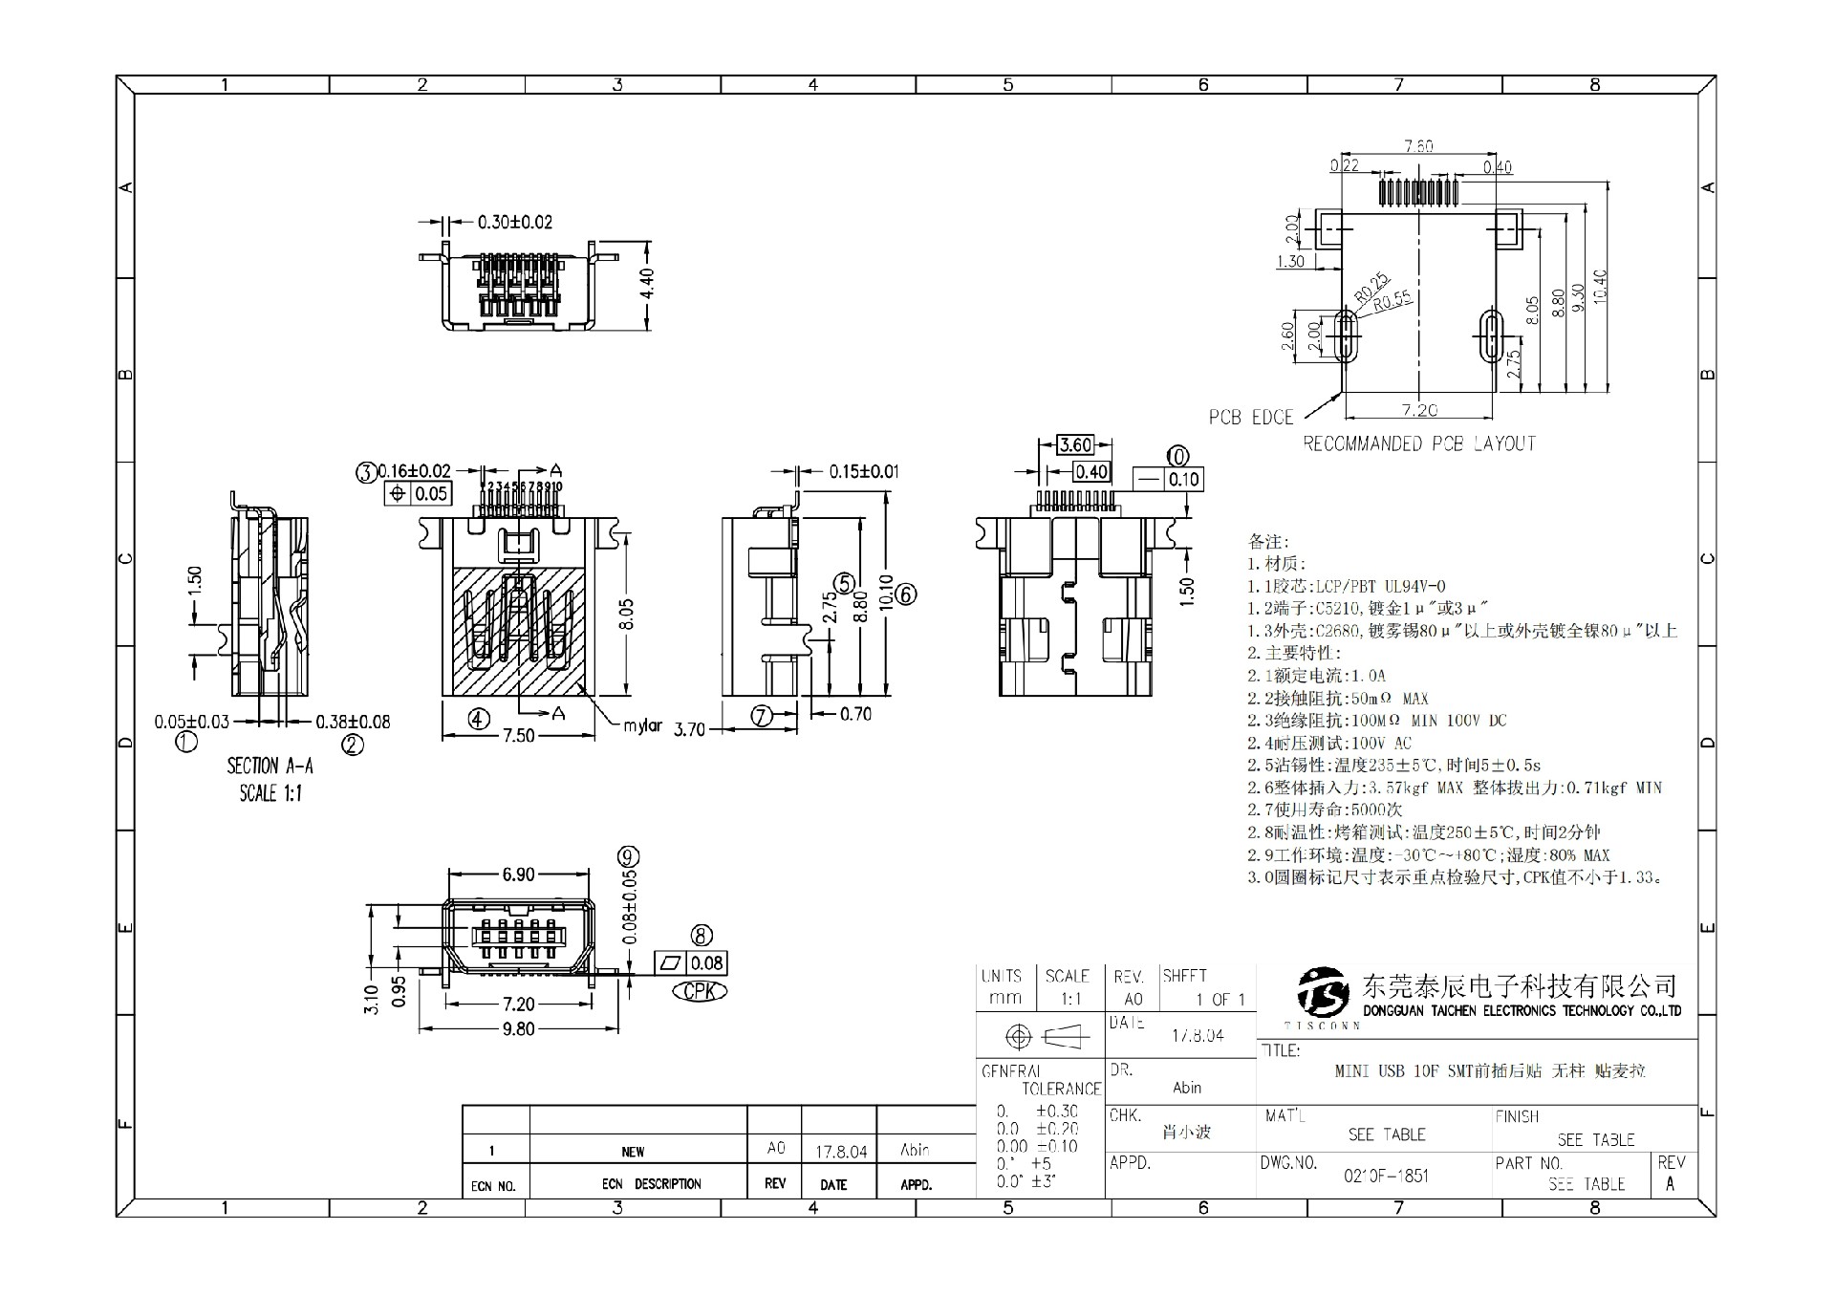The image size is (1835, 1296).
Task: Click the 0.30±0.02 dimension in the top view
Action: [515, 223]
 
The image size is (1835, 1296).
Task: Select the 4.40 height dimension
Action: [647, 284]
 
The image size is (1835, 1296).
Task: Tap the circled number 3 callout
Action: [366, 471]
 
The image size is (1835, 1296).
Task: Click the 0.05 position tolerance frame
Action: [419, 493]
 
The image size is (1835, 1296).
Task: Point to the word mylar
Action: [642, 725]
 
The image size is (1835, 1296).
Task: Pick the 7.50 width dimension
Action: [519, 736]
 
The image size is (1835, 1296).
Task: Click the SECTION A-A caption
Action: [270, 766]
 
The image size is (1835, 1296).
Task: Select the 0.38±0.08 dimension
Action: [353, 722]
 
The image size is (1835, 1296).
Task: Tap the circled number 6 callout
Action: [907, 594]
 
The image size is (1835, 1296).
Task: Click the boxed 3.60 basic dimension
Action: [1075, 444]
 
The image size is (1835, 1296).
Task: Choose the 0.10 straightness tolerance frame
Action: [1168, 479]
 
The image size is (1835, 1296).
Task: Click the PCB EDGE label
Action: [1250, 418]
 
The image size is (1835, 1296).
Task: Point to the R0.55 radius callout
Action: [1392, 302]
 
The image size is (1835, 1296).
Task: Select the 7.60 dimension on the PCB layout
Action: [1418, 147]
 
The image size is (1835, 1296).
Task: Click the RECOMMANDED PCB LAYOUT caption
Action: [1419, 443]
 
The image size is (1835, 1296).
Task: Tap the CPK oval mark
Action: [700, 991]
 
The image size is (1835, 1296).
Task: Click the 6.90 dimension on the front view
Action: [519, 875]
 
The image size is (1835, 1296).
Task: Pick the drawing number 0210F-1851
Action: [1386, 1176]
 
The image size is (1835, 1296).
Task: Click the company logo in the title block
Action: [1324, 994]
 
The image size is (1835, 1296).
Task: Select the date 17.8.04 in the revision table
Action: [841, 1152]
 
